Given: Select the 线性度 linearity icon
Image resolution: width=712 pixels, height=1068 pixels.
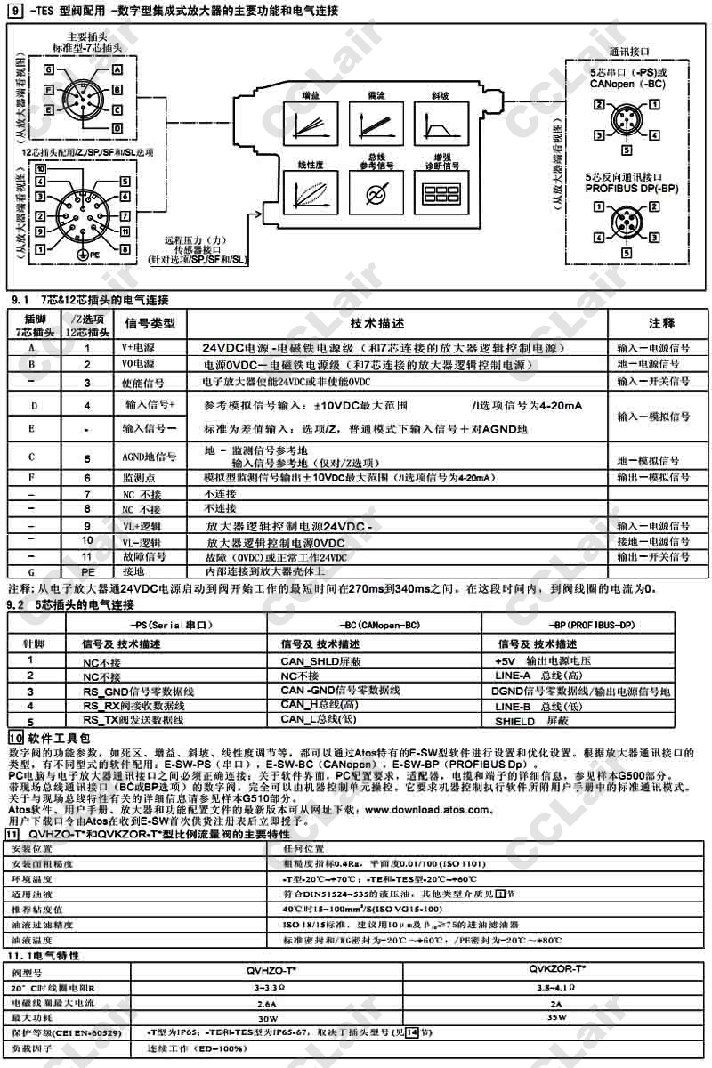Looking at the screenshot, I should (x=308, y=192).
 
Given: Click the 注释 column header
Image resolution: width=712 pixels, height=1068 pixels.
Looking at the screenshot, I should (x=661, y=323).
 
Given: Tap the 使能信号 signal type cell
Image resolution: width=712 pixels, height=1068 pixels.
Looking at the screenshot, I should (x=143, y=382).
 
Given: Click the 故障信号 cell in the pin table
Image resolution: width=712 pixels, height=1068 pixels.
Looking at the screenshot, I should (x=143, y=556).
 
